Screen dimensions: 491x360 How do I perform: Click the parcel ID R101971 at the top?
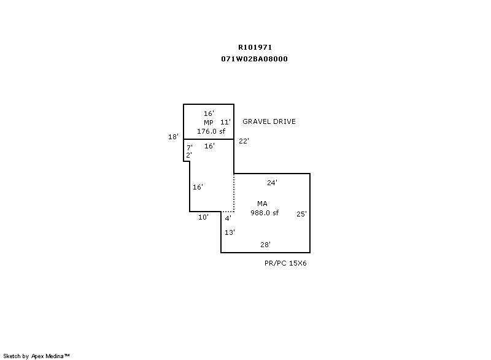coord(255,47)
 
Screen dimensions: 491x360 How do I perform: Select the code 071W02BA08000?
coord(254,59)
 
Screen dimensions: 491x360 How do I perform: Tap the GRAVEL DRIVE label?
coord(269,121)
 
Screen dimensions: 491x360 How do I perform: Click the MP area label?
coord(209,123)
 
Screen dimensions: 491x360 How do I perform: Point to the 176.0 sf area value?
coord(211,131)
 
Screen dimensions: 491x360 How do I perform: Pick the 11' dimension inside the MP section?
coord(225,122)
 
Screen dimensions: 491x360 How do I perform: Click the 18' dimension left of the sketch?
coord(173,137)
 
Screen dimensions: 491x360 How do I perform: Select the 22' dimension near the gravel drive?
coord(244,141)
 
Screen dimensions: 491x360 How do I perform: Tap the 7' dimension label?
coord(190,147)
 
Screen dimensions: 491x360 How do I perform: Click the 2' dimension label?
coord(189,155)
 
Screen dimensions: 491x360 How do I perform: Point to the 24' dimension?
coord(272,183)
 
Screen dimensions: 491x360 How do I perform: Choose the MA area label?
coord(263,204)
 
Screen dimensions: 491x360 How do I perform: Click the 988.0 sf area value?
coord(265,213)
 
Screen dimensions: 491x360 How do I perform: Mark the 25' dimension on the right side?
coord(301,214)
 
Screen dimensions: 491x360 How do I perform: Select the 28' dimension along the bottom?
coord(265,245)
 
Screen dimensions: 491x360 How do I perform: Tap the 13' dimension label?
coord(230,232)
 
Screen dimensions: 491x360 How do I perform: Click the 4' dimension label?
coord(228,218)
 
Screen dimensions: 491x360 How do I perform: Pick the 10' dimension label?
coord(203,217)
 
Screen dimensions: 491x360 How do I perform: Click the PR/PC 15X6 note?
coord(285,263)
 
